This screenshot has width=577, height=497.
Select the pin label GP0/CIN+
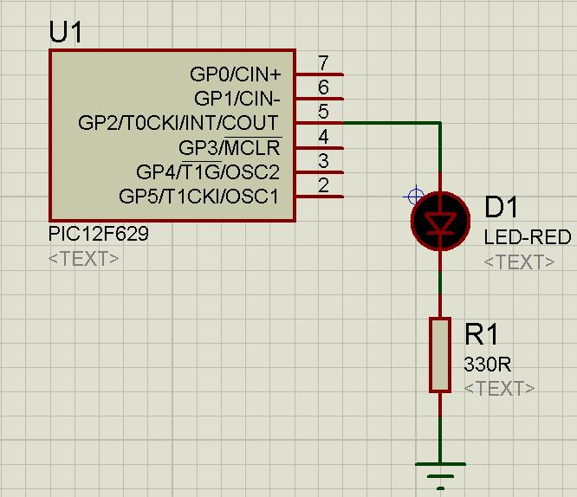(x=235, y=74)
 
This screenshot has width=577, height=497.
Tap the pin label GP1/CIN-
(x=237, y=99)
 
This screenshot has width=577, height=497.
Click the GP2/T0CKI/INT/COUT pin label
(x=178, y=123)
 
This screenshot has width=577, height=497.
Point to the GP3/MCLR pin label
(x=230, y=147)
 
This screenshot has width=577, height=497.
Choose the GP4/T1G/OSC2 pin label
(x=208, y=171)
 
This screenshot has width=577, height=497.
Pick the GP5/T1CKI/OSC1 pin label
(x=199, y=196)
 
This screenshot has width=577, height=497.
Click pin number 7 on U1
(x=323, y=63)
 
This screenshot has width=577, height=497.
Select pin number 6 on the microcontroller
(x=323, y=87)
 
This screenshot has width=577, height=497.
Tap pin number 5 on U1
(x=323, y=112)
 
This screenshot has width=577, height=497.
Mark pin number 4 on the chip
(x=323, y=136)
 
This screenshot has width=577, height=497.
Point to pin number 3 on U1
(x=323, y=160)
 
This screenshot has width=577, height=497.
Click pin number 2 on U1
(x=323, y=184)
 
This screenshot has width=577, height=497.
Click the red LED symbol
(x=440, y=221)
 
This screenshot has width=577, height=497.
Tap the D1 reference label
(x=501, y=208)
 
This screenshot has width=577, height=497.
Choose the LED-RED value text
(x=527, y=237)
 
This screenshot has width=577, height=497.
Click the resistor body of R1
(x=440, y=355)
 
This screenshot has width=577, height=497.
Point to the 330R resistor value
(x=487, y=364)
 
